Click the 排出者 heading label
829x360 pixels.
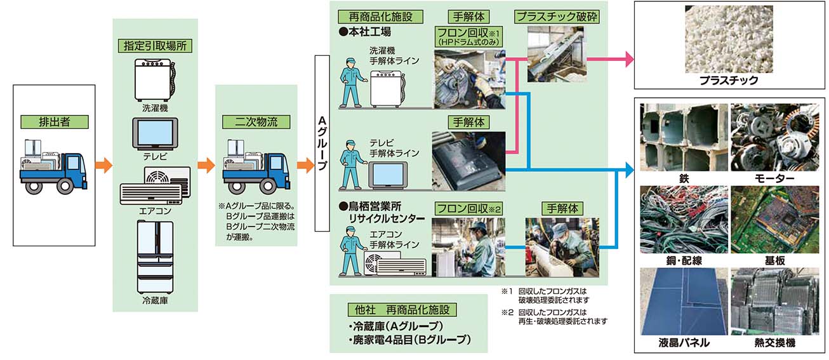click(53, 121)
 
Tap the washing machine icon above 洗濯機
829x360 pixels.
click(154, 80)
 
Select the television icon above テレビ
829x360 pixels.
click(155, 135)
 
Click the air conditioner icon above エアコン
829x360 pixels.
click(155, 185)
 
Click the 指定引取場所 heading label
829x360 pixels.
click(155, 46)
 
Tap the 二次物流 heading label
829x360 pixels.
click(256, 121)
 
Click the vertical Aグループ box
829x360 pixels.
click(321, 143)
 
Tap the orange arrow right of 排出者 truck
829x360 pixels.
click(103, 167)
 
